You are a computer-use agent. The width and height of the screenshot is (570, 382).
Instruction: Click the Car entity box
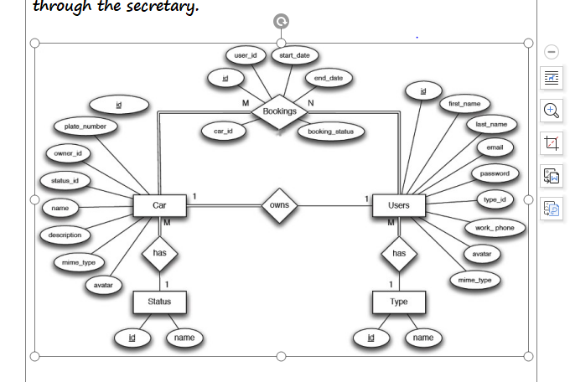(x=158, y=205)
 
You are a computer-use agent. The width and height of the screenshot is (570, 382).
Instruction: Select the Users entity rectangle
(x=399, y=205)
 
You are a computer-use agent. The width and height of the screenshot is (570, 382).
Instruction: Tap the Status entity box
(x=159, y=301)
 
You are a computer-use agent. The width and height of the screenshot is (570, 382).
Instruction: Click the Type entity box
(x=399, y=301)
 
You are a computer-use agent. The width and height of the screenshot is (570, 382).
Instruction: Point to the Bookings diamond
(x=280, y=111)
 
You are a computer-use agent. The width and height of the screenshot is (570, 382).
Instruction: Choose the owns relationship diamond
(x=280, y=205)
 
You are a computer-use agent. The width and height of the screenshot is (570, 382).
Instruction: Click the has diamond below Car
(x=159, y=253)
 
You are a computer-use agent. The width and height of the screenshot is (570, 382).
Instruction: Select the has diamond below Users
(x=399, y=253)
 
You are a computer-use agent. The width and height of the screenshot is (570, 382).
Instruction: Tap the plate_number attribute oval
(x=80, y=126)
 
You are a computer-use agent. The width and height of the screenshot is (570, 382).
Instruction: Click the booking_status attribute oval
(x=330, y=132)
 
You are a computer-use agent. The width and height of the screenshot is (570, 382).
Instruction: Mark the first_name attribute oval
(x=464, y=103)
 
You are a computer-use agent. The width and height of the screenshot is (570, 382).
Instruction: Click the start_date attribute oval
(x=293, y=55)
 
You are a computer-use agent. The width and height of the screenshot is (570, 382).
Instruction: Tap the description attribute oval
(x=65, y=235)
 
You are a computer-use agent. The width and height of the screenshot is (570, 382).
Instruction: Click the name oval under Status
(x=184, y=338)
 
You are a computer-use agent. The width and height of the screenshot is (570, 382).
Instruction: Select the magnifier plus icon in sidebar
(x=551, y=110)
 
